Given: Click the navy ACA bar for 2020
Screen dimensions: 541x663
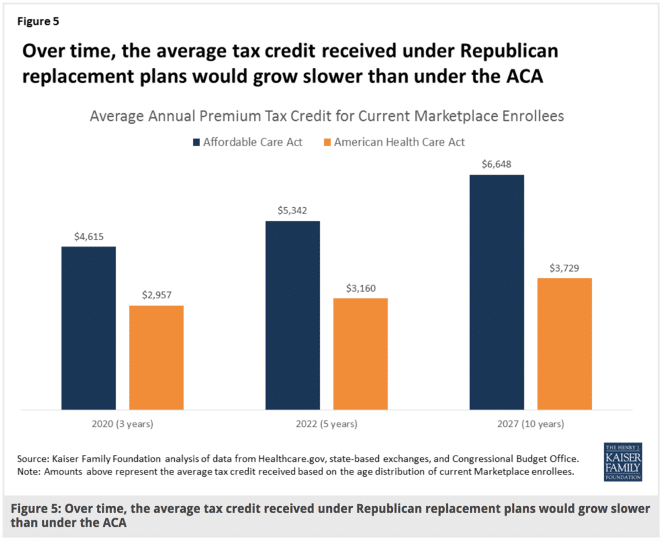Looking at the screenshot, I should click(89, 327).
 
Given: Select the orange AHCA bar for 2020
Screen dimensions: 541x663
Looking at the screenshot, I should click(156, 357).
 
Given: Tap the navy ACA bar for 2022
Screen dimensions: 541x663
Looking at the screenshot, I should click(293, 315).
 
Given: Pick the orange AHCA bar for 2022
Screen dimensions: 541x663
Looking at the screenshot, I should click(360, 353).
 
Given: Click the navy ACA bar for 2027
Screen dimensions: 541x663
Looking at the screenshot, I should click(497, 292).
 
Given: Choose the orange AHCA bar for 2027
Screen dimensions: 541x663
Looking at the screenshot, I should click(565, 344).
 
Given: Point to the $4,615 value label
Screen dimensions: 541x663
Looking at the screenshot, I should click(89, 236).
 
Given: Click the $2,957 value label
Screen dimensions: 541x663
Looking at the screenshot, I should click(156, 294).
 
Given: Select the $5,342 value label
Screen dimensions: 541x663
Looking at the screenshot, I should click(293, 210).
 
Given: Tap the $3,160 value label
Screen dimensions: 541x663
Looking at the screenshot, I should click(360, 287).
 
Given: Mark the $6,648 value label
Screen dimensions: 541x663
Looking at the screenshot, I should click(497, 164).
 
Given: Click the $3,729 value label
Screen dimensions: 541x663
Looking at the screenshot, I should click(565, 267).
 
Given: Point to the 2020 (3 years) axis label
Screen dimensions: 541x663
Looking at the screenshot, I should click(122, 425).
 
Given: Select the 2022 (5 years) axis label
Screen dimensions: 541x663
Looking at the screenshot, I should click(326, 425).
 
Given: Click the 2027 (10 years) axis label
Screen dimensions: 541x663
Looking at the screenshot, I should click(531, 425).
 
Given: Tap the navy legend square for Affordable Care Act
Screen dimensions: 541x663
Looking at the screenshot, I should click(195, 142).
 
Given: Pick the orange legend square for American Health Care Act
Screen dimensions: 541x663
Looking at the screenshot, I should click(326, 142).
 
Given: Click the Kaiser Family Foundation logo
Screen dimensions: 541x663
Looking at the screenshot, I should click(622, 461).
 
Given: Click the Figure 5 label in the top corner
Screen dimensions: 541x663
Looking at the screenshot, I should click(38, 21).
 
